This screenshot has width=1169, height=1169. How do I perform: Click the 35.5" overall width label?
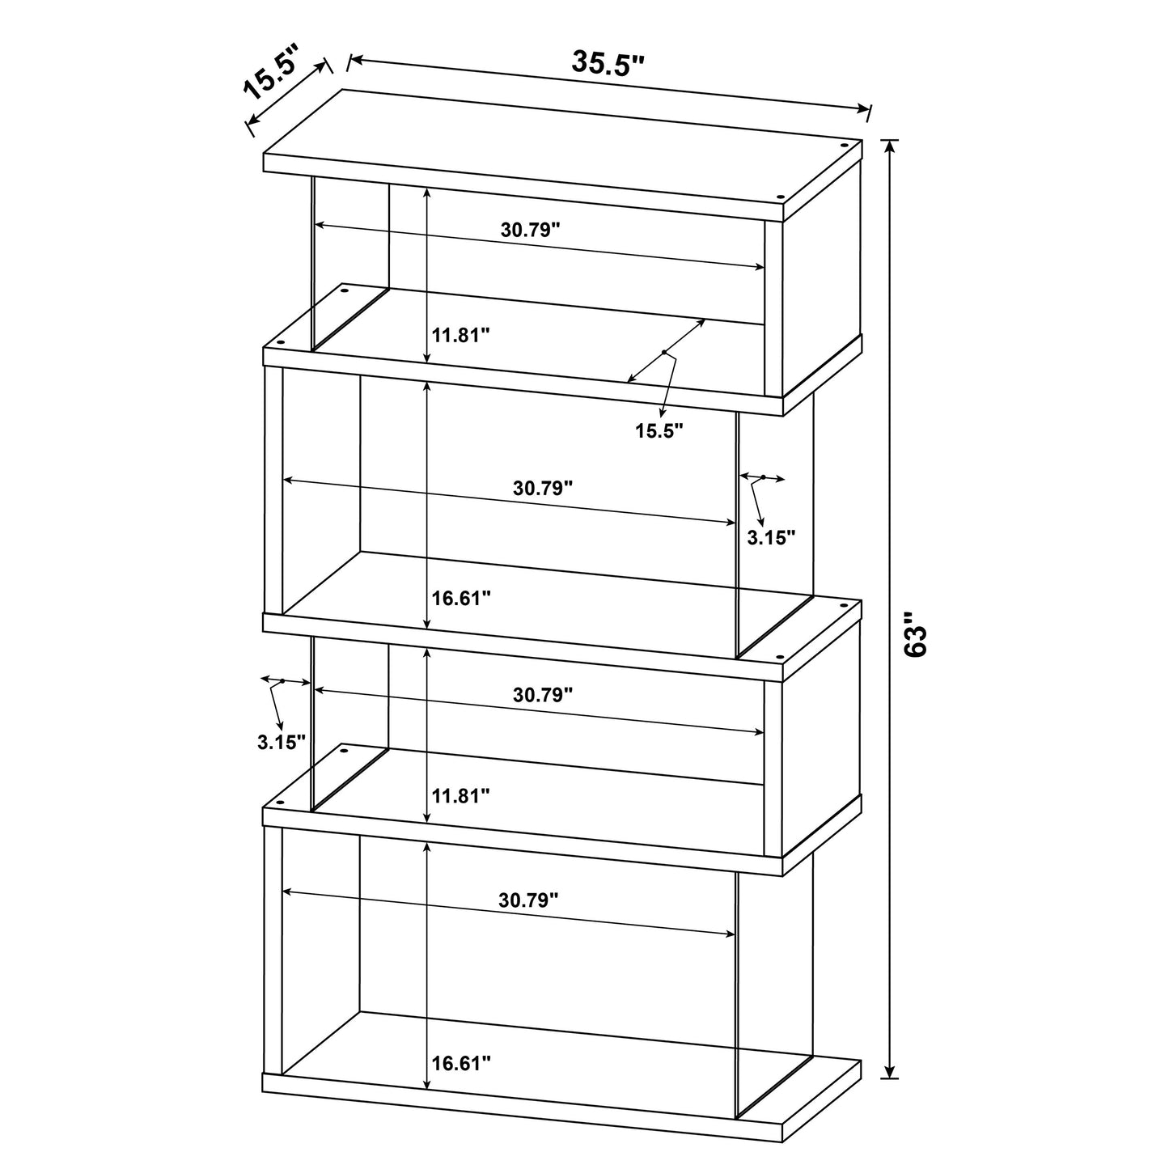(608, 63)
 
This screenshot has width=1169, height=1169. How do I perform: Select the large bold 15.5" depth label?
(272, 75)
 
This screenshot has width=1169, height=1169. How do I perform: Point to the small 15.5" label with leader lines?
(659, 430)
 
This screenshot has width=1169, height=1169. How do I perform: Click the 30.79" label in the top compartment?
(530, 229)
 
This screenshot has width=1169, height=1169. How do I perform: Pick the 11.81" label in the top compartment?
(460, 335)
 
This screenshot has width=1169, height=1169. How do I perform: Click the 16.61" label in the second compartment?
(461, 599)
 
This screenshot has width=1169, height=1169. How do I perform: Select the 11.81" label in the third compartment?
(460, 796)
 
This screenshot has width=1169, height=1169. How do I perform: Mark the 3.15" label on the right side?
(771, 537)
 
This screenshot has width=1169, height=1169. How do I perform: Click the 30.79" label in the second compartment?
(543, 489)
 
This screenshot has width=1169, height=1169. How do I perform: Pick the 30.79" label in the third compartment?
(543, 694)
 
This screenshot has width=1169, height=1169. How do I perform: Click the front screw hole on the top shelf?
(781, 197)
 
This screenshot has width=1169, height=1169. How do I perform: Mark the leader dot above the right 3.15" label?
(762, 477)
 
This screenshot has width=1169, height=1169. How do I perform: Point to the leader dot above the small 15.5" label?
(664, 352)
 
